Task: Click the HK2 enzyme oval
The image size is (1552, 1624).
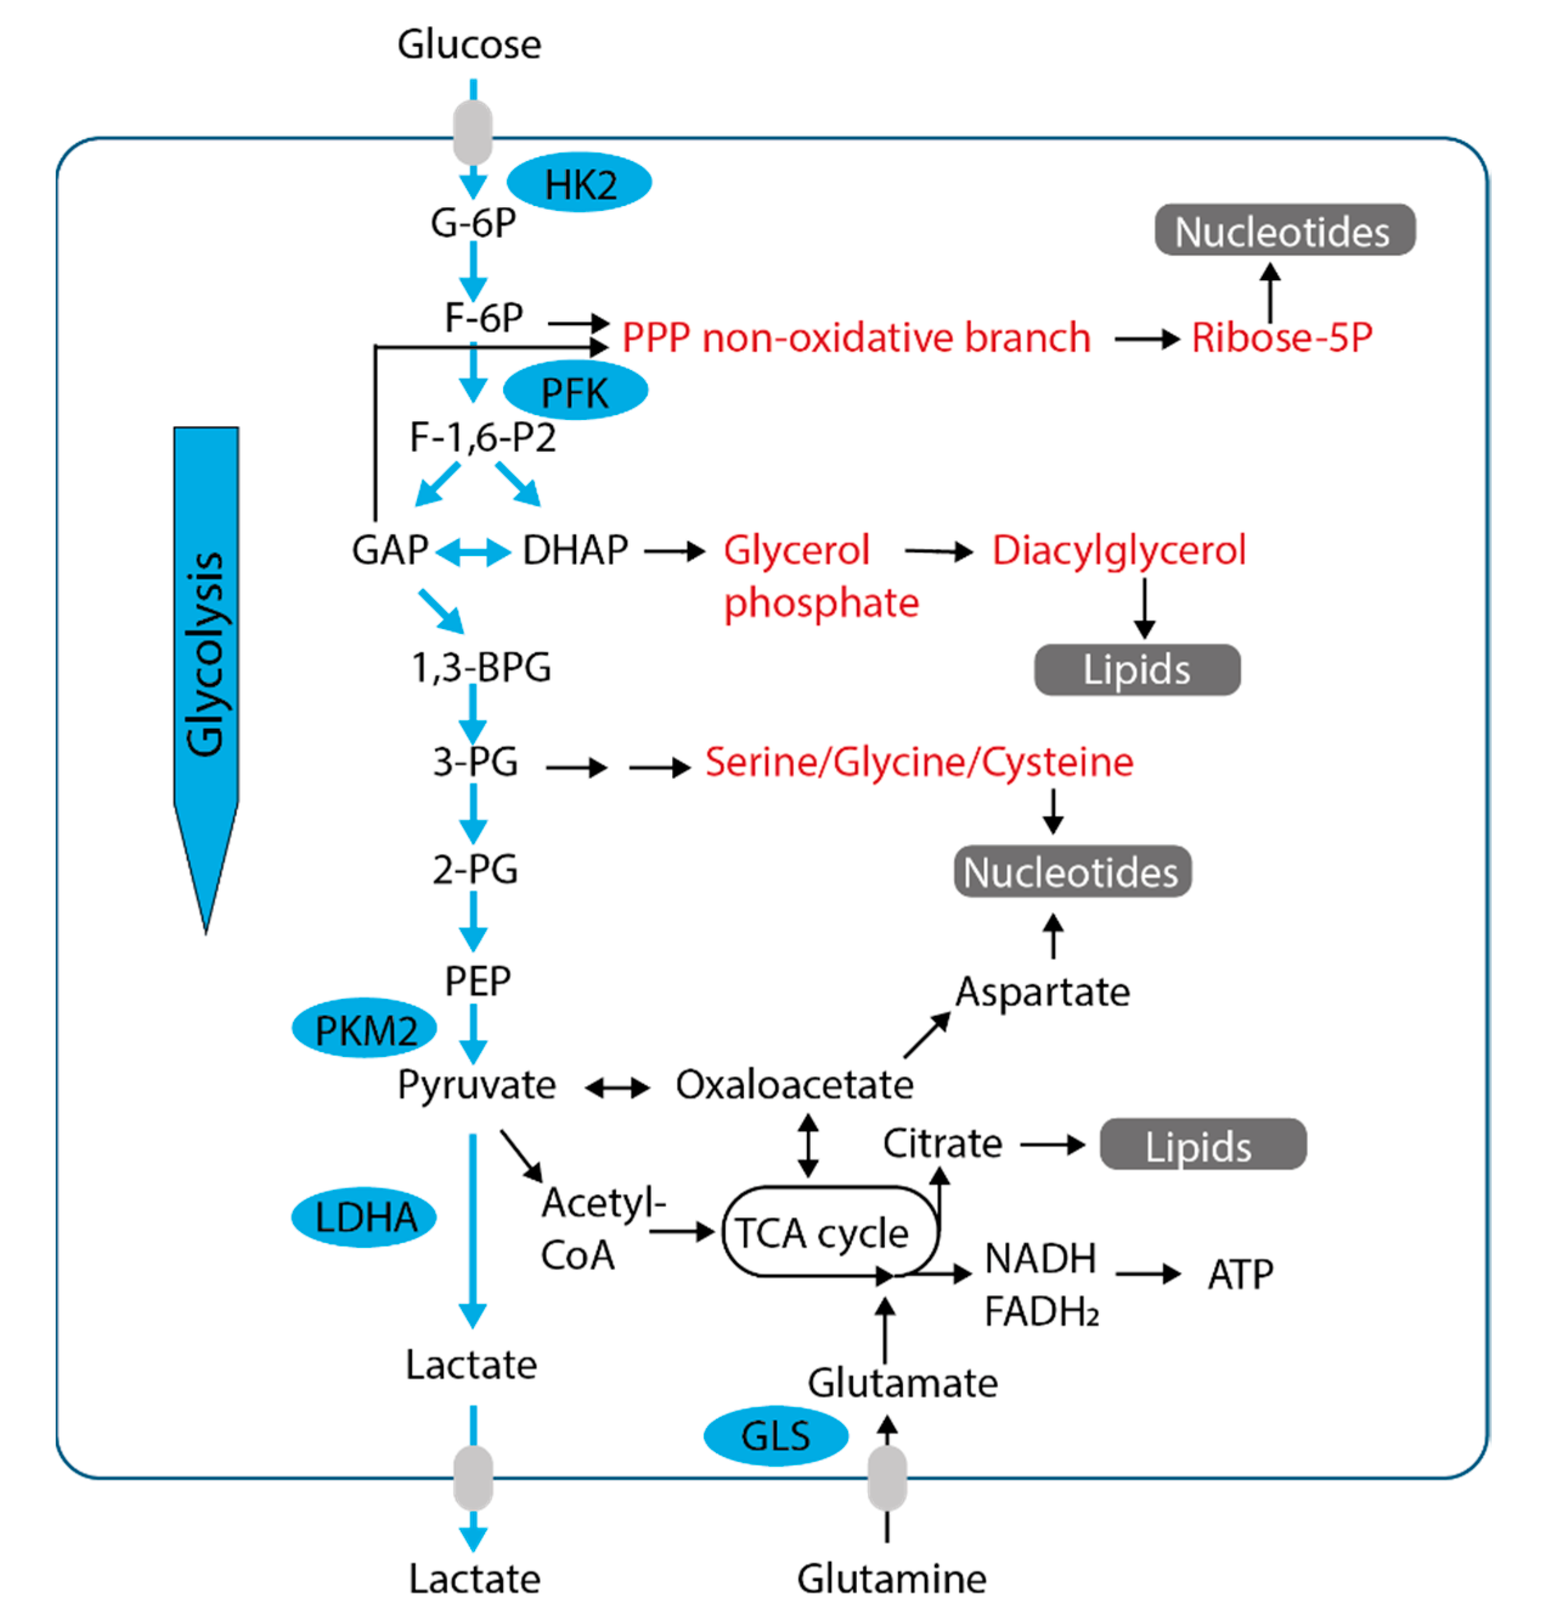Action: [x=579, y=183]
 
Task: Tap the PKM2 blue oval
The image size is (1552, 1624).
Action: [x=364, y=1028]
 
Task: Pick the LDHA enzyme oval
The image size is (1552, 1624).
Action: [x=364, y=1217]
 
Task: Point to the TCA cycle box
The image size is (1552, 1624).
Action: [x=829, y=1232]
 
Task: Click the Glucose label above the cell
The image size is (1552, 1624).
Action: [x=469, y=45]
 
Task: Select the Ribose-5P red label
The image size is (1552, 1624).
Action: [x=1282, y=337]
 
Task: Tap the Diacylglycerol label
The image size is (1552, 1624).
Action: [x=1119, y=550]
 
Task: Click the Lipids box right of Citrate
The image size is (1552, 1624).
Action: [x=1202, y=1144]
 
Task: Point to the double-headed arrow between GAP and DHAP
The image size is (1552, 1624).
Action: [x=473, y=552]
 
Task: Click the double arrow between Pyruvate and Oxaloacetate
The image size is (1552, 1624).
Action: [x=617, y=1087]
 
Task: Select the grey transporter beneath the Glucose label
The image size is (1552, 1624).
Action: [x=473, y=132]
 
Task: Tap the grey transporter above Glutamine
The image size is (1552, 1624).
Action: [x=887, y=1478]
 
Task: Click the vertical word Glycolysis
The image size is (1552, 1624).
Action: [x=205, y=653]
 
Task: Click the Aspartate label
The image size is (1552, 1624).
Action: [x=1042, y=991]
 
